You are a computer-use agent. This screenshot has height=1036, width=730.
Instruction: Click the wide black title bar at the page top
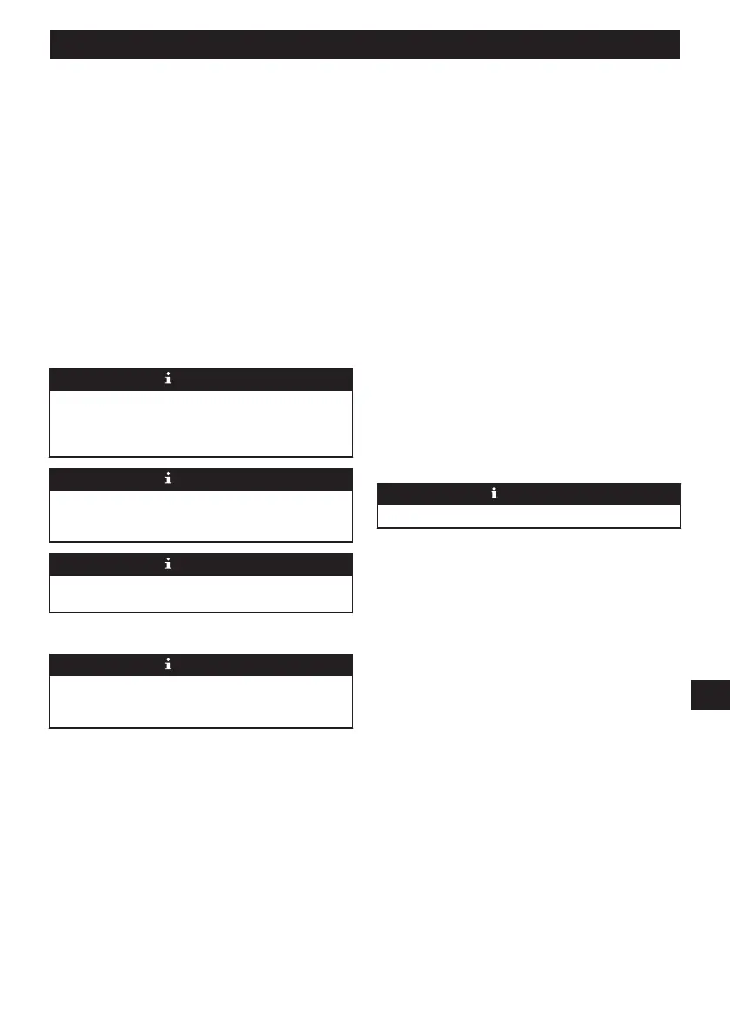(x=365, y=44)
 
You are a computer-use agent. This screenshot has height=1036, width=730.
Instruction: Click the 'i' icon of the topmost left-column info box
(x=168, y=378)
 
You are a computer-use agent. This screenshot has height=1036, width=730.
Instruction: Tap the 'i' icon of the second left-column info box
(x=168, y=478)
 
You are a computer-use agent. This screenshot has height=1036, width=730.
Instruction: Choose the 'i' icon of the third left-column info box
(x=168, y=564)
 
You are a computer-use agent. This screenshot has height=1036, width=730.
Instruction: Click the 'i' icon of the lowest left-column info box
(x=168, y=665)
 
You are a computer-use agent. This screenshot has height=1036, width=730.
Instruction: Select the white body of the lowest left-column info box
(x=201, y=700)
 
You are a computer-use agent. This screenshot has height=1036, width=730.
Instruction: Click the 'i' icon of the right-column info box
(x=494, y=493)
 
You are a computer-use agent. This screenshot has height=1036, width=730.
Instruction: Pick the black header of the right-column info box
(x=426, y=493)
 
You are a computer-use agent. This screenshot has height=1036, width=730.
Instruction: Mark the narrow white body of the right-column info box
(x=528, y=516)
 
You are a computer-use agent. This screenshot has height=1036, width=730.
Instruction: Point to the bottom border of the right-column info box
(x=528, y=527)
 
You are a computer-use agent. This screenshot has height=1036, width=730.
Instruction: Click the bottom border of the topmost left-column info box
(x=201, y=456)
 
